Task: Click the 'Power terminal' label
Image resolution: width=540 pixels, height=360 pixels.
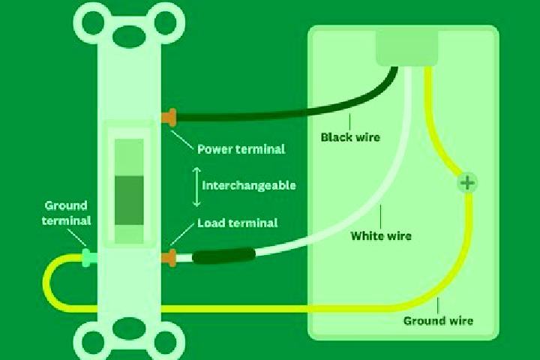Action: pos(241,149)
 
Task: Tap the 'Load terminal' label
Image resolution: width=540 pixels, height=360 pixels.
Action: pos(237,223)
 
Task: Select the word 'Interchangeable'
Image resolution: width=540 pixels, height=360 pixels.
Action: pos(249,186)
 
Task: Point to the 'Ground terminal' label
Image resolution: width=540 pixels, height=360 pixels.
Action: pos(66,213)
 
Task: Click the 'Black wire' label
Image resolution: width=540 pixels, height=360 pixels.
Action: pos(350,137)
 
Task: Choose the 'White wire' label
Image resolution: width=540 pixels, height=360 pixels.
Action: pos(381,236)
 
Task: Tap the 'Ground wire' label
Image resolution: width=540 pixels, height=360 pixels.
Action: pos(438,321)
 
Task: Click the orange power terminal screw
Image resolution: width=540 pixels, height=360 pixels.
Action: pos(169,118)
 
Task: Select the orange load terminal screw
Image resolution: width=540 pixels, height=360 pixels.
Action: pos(169,258)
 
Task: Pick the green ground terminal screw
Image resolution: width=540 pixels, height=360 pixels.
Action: pos(88,258)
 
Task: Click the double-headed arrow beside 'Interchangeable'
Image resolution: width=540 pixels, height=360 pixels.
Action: pos(196,187)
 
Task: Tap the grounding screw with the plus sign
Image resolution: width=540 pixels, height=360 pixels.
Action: pos(467,182)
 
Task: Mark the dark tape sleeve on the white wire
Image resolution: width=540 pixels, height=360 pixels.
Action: pos(223,256)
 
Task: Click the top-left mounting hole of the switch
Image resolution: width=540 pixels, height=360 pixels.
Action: pos(93,22)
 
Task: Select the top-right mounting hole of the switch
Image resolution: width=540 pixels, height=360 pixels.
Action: pos(166,22)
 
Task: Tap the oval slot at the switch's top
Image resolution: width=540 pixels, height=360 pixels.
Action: pos(130,35)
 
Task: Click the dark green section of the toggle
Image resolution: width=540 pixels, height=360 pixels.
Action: pos(129,200)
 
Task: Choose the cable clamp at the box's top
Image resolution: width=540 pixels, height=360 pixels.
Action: pos(406,48)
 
